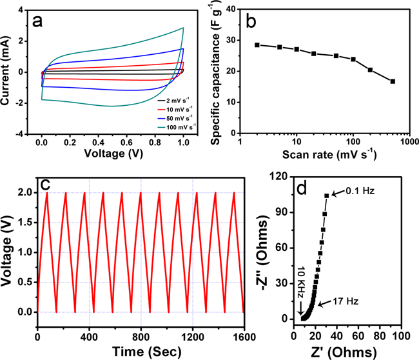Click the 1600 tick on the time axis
point(243,337)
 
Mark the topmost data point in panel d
point(327,195)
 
